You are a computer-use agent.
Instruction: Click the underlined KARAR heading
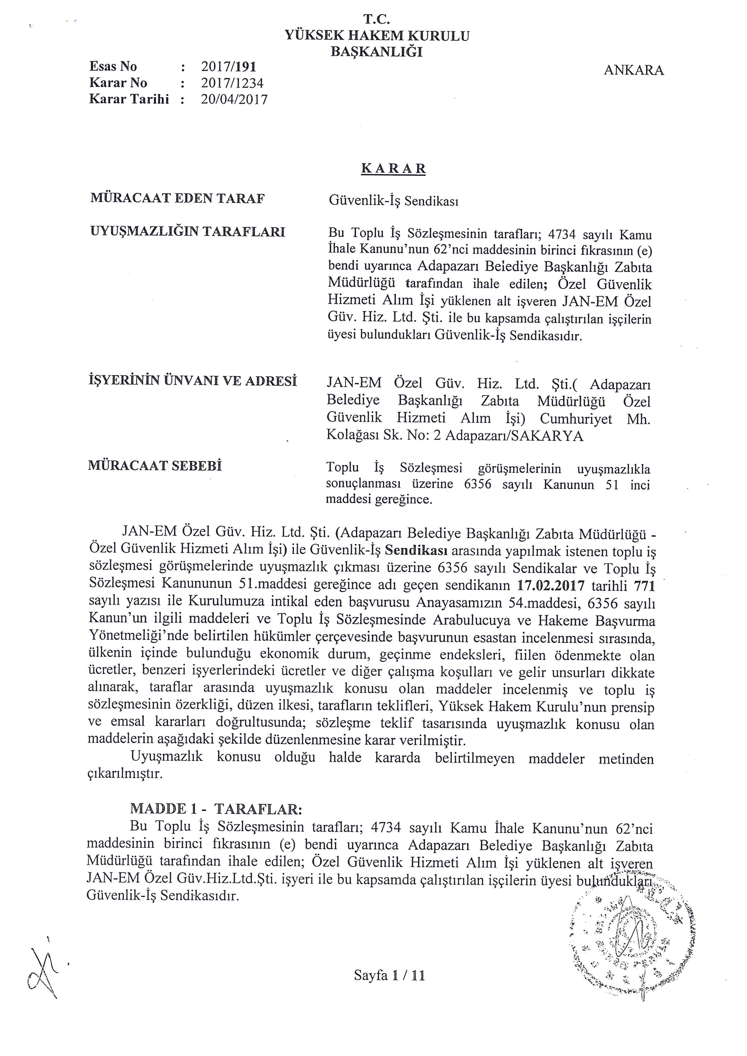(393, 169)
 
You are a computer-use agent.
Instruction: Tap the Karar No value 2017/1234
(232, 83)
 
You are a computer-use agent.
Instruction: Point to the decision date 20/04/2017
(234, 99)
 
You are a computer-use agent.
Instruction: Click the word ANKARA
(633, 70)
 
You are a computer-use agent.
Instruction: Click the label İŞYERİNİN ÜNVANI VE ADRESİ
(192, 381)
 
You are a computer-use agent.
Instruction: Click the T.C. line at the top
(377, 19)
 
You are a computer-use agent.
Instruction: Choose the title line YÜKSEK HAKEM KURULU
(377, 36)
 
